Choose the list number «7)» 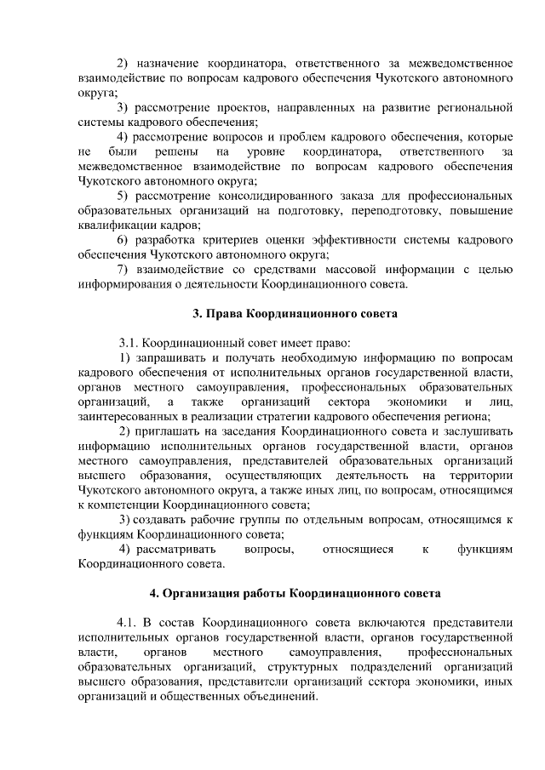point(123,270)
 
